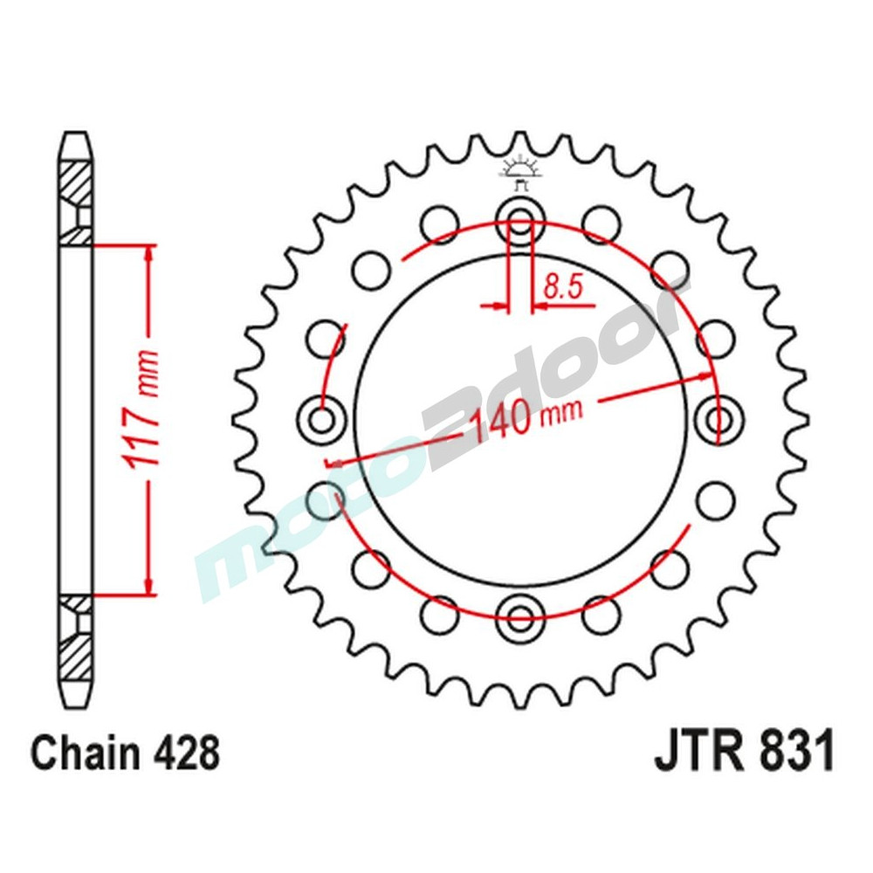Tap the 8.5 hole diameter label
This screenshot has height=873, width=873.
563,287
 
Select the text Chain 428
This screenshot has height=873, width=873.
126,753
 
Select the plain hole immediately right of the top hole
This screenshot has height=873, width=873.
600,224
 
